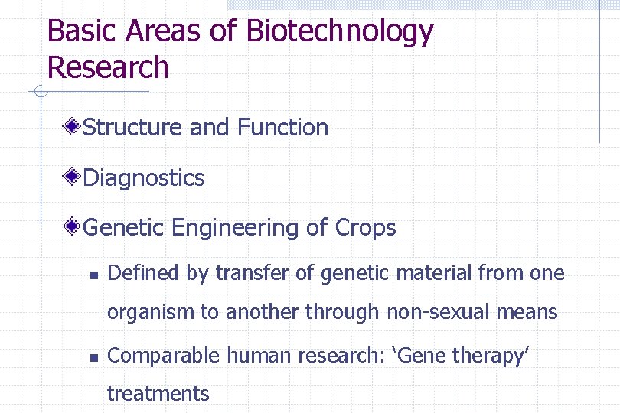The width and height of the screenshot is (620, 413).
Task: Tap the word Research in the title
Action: coord(107,67)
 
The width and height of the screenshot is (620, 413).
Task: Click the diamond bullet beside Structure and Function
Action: coord(72,127)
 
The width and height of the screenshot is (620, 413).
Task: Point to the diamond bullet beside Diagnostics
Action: coord(72,177)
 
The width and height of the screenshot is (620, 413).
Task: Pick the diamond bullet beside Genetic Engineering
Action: coord(72,227)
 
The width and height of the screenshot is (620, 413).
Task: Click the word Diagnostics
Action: coord(143,178)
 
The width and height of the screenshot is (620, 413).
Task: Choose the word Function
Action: coord(282,127)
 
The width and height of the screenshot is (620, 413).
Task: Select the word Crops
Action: coord(365,228)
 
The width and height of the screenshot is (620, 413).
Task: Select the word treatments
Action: coord(158,394)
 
